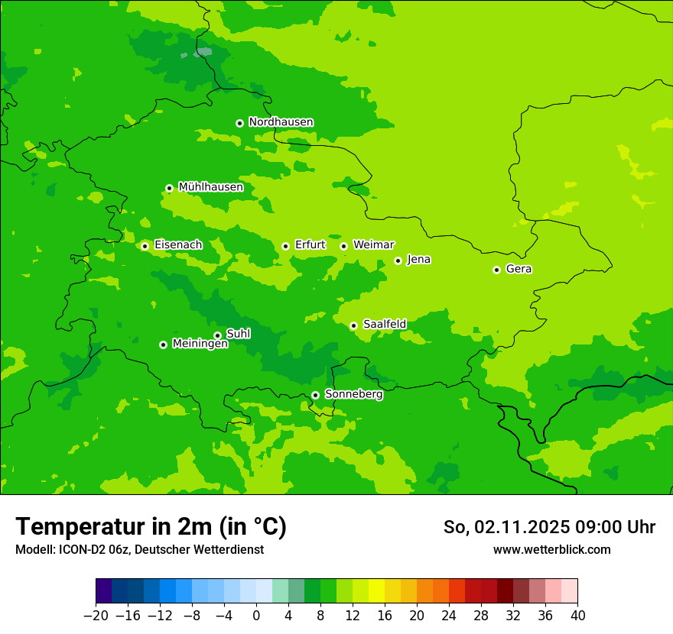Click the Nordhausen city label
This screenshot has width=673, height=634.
coord(281,122)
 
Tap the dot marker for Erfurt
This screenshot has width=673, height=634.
coord(285,246)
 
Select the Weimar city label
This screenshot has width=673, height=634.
coord(373,245)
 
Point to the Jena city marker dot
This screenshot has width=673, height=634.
coord(398,260)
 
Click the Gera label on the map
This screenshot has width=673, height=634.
coord(519,269)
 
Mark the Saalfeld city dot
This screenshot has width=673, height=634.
coord(353,325)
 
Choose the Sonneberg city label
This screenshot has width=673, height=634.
coord(353,394)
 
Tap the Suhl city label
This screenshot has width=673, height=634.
coord(238,334)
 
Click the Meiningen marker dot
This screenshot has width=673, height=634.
coord(163,344)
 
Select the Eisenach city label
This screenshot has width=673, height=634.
coord(178,245)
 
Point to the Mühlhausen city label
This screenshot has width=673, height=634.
coord(210,187)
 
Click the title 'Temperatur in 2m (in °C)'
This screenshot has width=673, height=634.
coord(151,526)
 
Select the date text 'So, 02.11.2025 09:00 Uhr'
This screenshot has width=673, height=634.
coord(549,527)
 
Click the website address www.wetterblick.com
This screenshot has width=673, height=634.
coord(551,550)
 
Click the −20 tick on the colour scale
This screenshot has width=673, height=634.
coord(96,616)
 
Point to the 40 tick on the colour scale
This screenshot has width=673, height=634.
coord(577,616)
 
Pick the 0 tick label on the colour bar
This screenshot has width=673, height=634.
coord(256,616)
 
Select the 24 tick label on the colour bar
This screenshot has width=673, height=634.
coord(449,616)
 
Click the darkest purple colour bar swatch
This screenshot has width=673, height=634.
coord(103,591)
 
